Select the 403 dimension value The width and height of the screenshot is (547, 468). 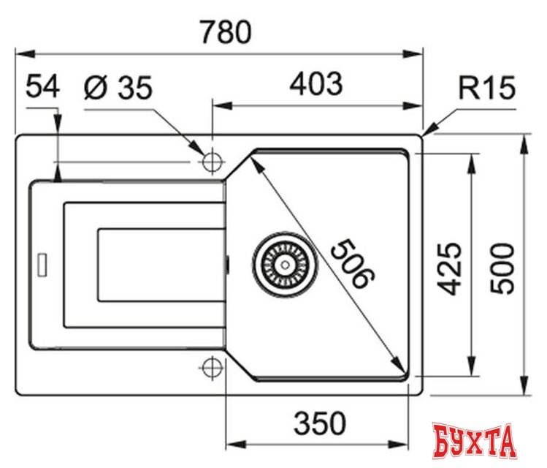click(x=315, y=84)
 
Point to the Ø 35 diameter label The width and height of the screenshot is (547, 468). click(x=118, y=88)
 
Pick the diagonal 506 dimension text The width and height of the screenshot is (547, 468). click(x=351, y=263)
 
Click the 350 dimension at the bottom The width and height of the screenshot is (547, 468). click(x=318, y=422)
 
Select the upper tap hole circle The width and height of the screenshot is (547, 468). click(x=212, y=160)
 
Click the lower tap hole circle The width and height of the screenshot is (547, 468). click(x=212, y=367)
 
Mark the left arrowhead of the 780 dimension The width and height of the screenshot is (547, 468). click(x=22, y=53)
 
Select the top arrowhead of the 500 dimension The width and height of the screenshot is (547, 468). click(x=524, y=140)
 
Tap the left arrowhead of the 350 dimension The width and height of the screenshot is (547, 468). click(x=231, y=443)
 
